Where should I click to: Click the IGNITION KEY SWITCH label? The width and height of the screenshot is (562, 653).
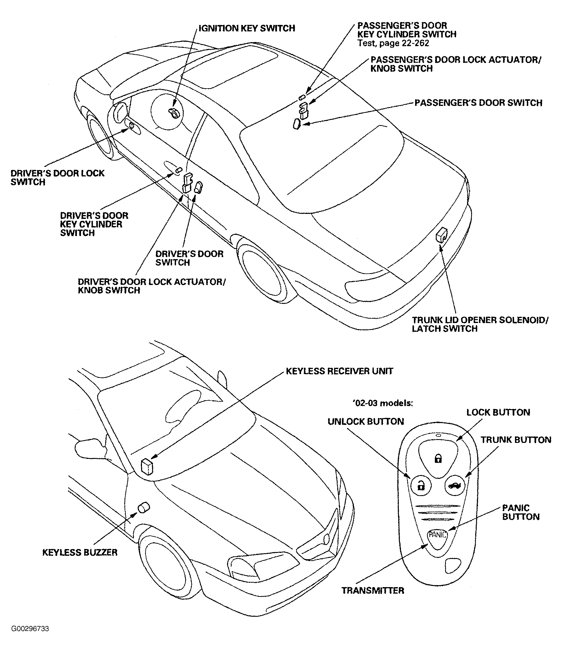[x=247, y=28]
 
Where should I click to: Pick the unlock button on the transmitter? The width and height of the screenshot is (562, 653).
[x=421, y=486]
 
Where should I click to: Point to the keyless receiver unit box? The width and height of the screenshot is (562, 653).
[x=147, y=466]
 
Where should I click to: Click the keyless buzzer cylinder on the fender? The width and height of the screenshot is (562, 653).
[x=144, y=508]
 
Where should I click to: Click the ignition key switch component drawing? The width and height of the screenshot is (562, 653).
[x=174, y=112]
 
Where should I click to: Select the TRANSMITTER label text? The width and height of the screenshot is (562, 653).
[x=373, y=590]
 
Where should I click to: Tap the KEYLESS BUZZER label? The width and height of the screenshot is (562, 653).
[x=80, y=553]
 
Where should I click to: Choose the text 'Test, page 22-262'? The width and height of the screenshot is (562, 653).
[x=393, y=43]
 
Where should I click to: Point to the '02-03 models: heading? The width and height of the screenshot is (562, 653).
[x=383, y=403]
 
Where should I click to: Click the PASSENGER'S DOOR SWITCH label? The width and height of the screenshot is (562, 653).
[x=478, y=103]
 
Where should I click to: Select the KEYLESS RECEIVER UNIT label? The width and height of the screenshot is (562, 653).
[x=339, y=371]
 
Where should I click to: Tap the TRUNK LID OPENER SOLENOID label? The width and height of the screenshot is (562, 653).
[x=480, y=324]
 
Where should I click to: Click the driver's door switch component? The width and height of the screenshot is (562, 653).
[x=199, y=187]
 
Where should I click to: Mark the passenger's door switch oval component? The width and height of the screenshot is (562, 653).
[x=297, y=124]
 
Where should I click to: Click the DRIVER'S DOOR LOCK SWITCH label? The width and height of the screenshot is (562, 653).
[x=57, y=177]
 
